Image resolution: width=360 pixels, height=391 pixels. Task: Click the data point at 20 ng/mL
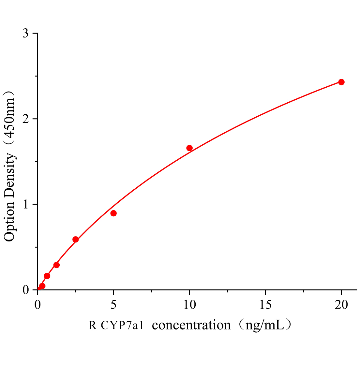coord(341,82)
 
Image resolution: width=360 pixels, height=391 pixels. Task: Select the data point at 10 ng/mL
coord(189,148)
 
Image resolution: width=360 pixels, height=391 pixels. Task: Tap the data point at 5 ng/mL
coord(113,213)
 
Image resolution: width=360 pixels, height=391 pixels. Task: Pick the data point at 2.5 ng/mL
coord(76,239)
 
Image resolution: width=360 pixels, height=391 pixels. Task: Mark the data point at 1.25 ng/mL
coord(56,265)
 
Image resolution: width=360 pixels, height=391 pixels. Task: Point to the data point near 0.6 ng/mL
coord(47,276)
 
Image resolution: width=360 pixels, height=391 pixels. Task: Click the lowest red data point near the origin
coord(42,286)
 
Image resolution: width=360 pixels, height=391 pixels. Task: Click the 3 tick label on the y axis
coord(26,34)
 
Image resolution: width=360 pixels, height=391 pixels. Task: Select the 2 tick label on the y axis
coord(26,119)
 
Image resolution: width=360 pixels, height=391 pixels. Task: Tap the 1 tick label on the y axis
coord(26,204)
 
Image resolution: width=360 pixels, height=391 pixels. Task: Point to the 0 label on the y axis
coord(26,290)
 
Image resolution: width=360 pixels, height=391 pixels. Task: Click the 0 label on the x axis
coord(37,305)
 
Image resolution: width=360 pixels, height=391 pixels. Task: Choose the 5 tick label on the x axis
coord(113,305)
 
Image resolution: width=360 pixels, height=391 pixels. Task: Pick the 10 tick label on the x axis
coord(189,305)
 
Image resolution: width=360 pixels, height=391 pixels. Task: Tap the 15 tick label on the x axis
coord(265,305)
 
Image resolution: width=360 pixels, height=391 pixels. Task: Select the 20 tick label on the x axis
coord(341,305)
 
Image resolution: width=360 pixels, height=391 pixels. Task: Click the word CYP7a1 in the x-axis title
coord(122,326)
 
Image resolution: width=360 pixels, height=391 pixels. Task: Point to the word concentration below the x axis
coord(191,325)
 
